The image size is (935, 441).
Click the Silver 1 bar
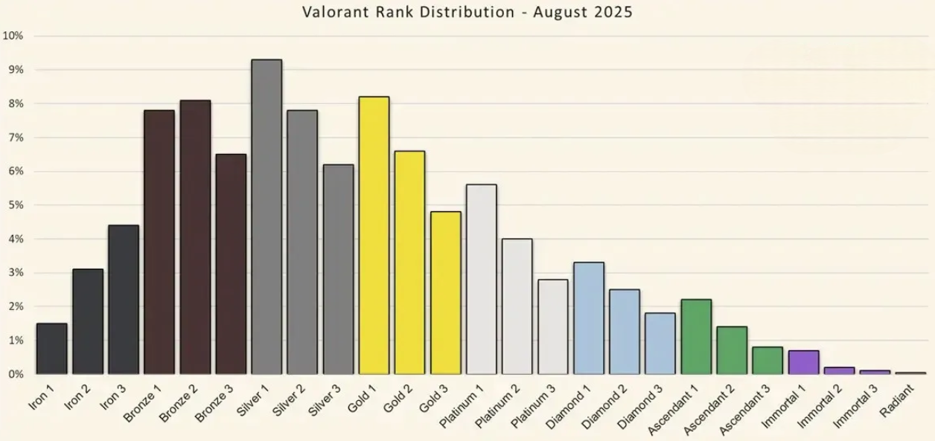coord(267,216)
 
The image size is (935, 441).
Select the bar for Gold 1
coord(374,235)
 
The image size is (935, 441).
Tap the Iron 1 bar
coord(52,349)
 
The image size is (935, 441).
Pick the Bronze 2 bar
coord(195,237)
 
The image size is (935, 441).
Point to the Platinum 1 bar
coord(481,280)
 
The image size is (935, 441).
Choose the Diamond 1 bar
coord(589,318)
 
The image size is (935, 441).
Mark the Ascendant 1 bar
coord(696,337)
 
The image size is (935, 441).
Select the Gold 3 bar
coord(445,293)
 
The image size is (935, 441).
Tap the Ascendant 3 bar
coord(768,361)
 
